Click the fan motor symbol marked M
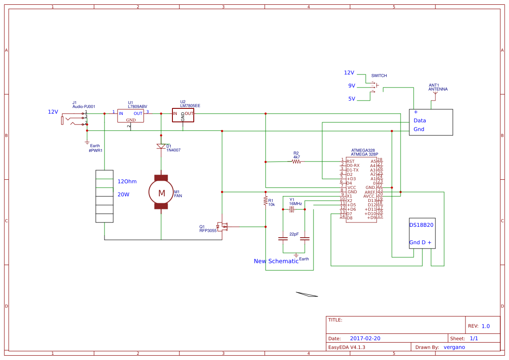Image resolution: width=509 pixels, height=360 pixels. pyautogui.click(x=161, y=192)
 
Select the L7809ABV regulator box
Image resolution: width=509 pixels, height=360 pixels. pyautogui.click(x=131, y=116)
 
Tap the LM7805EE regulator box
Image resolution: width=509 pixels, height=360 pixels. pyautogui.click(x=183, y=115)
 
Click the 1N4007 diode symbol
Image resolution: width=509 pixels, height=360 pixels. pyautogui.click(x=161, y=146)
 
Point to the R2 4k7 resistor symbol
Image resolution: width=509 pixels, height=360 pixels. pyautogui.click(x=296, y=161)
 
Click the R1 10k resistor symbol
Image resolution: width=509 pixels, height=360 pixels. pyautogui.click(x=265, y=201)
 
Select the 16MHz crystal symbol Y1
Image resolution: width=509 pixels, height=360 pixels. pyautogui.click(x=292, y=209)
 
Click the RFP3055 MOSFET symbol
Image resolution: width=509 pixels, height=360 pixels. pyautogui.click(x=223, y=226)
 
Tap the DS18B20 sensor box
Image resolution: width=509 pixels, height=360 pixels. pyautogui.click(x=422, y=233)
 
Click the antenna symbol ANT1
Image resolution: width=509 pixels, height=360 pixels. pyautogui.click(x=434, y=94)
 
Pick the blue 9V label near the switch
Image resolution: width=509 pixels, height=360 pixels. pyautogui.click(x=351, y=86)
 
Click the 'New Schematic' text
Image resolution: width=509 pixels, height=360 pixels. pyautogui.click(x=276, y=261)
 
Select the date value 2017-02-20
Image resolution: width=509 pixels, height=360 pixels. pyautogui.click(x=365, y=338)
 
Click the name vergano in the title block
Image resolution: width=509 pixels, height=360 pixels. pyautogui.click(x=454, y=347)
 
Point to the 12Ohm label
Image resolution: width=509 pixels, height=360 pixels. pyautogui.click(x=127, y=182)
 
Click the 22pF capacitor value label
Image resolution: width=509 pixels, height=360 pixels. pyautogui.click(x=294, y=234)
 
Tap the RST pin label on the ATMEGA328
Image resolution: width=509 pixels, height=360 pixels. pyautogui.click(x=351, y=161)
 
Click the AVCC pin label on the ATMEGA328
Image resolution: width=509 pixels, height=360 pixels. pyautogui.click(x=370, y=196)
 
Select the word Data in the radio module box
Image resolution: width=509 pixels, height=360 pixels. pyautogui.click(x=420, y=121)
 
